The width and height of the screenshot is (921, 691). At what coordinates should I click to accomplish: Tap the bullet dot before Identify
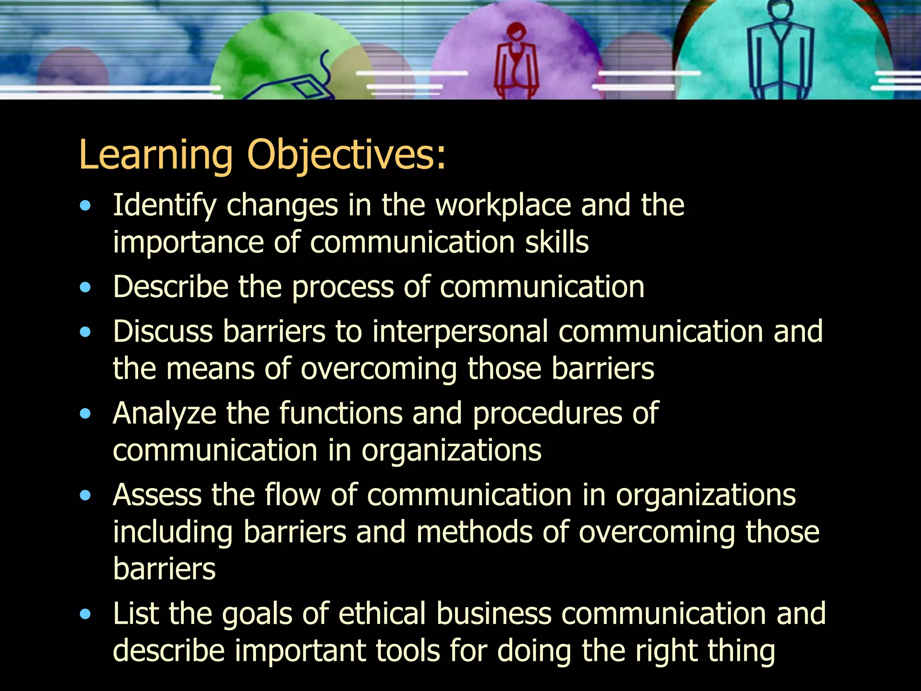click(85, 206)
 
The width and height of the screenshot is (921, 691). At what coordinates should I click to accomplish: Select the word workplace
click(503, 206)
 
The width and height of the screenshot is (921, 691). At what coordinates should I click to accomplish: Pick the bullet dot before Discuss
click(85, 332)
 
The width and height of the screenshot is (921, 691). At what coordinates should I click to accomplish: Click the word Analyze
click(164, 414)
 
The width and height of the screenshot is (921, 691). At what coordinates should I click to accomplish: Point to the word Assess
click(157, 495)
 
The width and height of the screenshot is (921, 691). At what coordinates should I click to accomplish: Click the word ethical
click(382, 614)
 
